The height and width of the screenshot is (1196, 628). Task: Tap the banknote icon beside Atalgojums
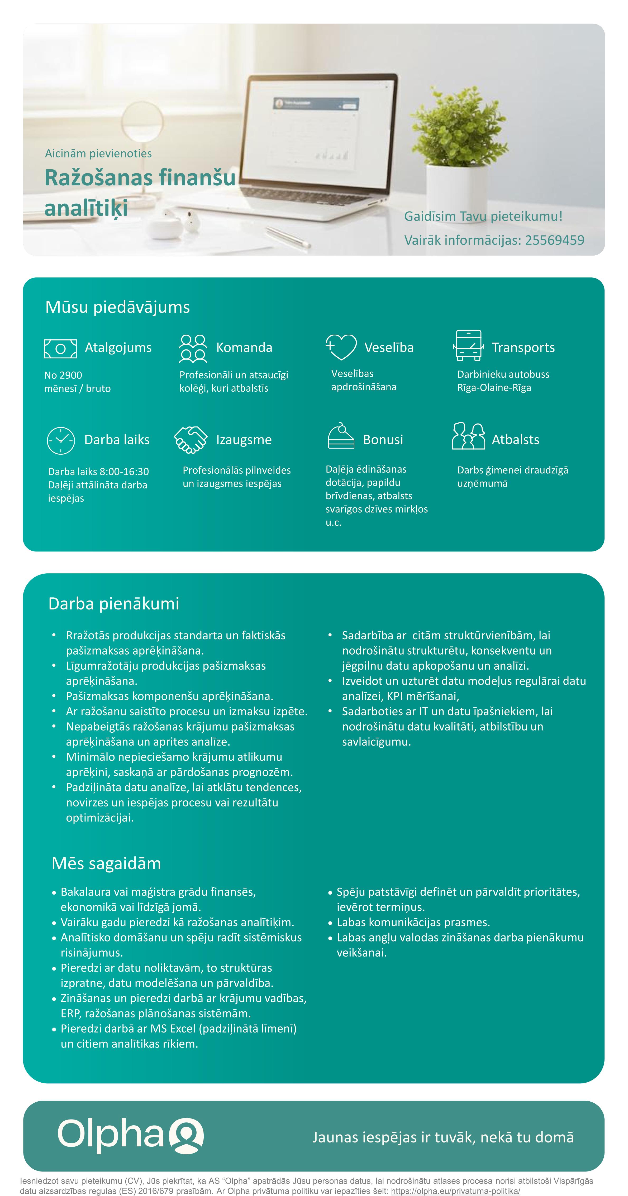[x=60, y=348]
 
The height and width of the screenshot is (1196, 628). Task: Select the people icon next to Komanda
[x=193, y=348]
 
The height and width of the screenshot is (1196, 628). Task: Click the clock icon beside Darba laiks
[x=61, y=440]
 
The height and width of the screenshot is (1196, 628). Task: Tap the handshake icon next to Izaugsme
[x=191, y=439]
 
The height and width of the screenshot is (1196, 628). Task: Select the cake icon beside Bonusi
[x=341, y=436]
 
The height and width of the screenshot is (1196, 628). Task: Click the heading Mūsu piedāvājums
[x=117, y=307]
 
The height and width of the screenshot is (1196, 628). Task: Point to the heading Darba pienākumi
[x=114, y=604]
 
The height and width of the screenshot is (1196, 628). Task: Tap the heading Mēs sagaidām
[x=106, y=863]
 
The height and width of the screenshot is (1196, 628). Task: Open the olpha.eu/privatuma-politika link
[x=455, y=1191]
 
